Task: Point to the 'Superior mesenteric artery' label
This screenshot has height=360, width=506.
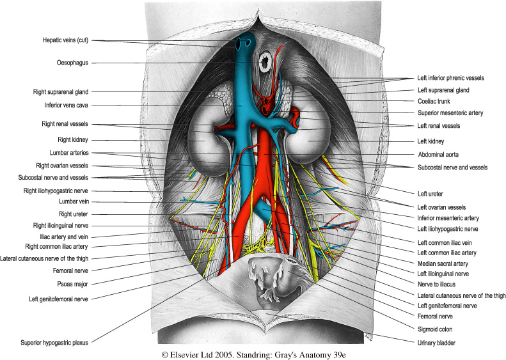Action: tap(450, 113)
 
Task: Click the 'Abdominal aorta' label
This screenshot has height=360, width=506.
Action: tap(439, 154)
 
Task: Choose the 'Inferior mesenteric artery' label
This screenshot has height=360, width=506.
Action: tap(449, 218)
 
